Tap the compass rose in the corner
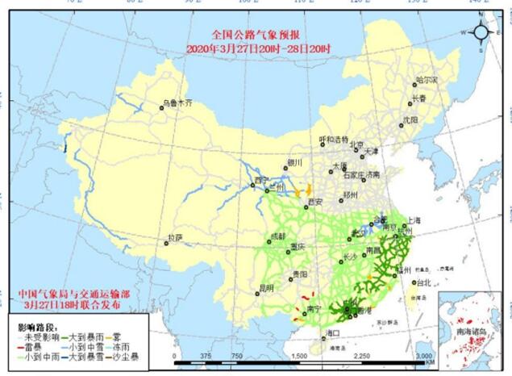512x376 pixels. (481, 32)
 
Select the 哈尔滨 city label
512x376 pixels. (427, 81)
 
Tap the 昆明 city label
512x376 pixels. (265, 286)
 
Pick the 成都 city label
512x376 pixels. (278, 236)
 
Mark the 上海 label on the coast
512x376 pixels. (414, 219)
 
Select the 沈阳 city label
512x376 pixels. (410, 119)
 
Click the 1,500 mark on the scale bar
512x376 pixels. (300, 356)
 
